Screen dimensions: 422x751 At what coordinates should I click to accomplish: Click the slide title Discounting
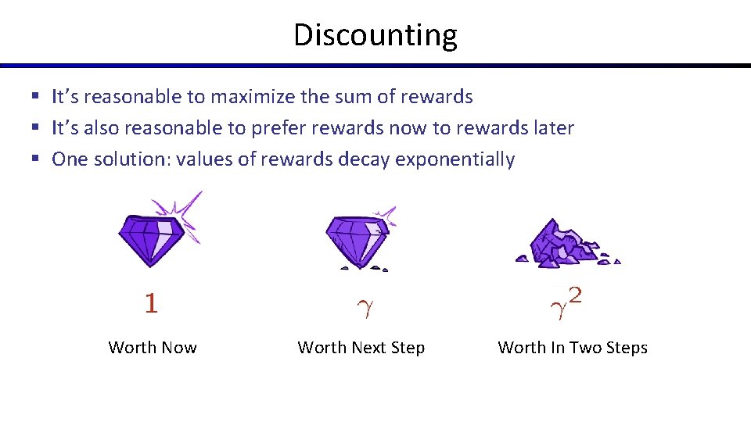coord(375,35)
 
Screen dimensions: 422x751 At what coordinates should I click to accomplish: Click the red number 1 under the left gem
coord(151,303)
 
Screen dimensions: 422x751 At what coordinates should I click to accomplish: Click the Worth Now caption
coord(153,348)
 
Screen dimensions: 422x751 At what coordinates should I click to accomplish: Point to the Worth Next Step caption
coord(361,348)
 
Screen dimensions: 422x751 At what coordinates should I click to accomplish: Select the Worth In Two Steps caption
coord(573,348)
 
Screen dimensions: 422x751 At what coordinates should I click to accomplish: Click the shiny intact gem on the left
coord(152,238)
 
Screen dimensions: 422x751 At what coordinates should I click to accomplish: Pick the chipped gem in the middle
coord(356,238)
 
